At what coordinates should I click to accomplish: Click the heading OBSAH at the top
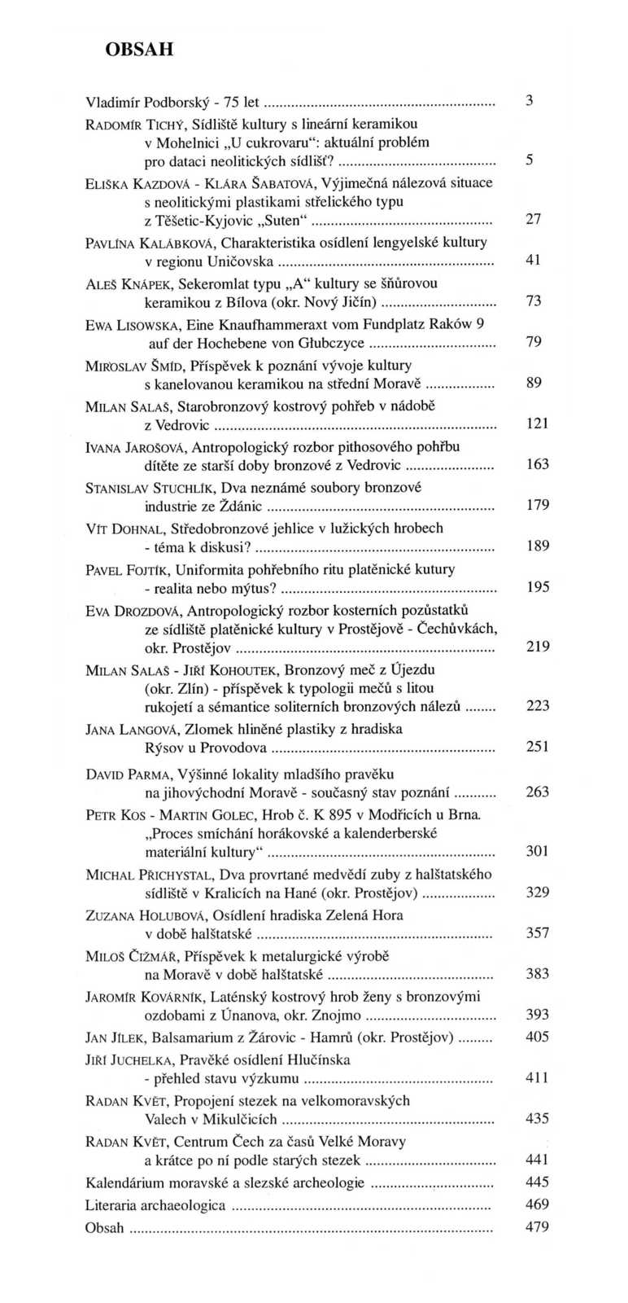click(139, 49)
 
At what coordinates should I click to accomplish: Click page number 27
click(534, 218)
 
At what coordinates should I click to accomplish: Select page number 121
click(538, 423)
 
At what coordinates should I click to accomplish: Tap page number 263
click(538, 791)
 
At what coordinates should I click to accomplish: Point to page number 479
click(538, 1227)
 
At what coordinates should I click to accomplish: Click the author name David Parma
click(120, 773)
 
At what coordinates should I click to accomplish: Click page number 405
click(538, 1037)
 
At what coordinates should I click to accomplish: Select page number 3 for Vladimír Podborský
click(529, 102)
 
